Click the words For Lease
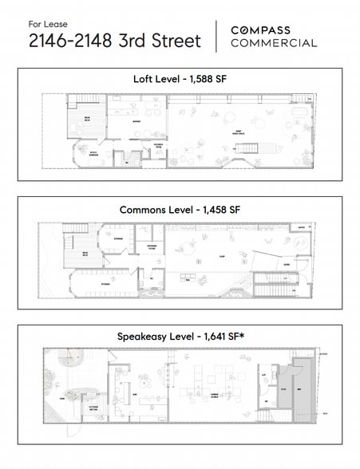click(45, 22)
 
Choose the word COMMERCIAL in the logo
click(274, 43)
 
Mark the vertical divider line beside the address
click(216, 37)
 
